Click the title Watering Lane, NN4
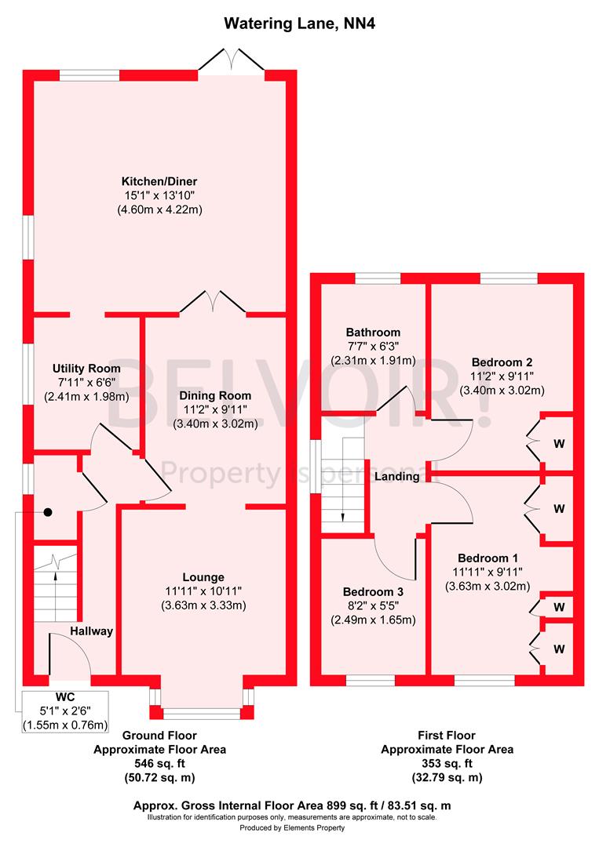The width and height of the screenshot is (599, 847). coord(299,24)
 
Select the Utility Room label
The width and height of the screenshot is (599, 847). coord(86,368)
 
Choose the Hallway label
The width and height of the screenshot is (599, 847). coord(91,631)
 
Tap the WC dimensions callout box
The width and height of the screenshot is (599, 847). coord(65,711)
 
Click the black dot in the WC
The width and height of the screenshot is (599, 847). coord(48,512)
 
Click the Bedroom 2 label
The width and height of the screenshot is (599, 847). coord(502,362)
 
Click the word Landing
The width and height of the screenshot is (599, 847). coord(396,476)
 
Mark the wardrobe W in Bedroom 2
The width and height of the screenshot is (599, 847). coord(559,444)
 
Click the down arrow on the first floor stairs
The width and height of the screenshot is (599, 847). coord(343,515)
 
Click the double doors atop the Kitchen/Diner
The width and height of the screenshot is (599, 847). coord(231,60)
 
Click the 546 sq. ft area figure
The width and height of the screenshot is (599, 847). coord(159,763)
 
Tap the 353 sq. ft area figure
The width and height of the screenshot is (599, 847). coord(447,763)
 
